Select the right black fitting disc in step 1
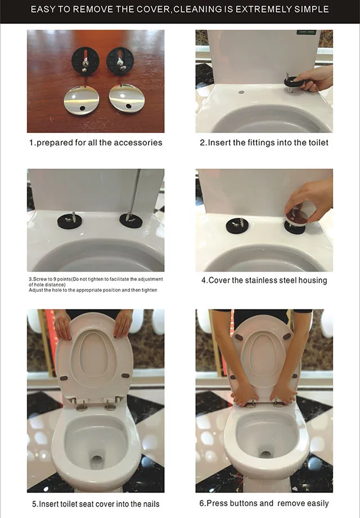(120, 61)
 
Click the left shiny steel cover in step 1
(81, 100)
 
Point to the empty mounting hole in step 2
(241, 92)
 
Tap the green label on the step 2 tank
(307, 33)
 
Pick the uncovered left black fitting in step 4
(237, 226)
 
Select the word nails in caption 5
(151, 504)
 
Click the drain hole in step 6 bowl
(265, 454)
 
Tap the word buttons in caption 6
(244, 503)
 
